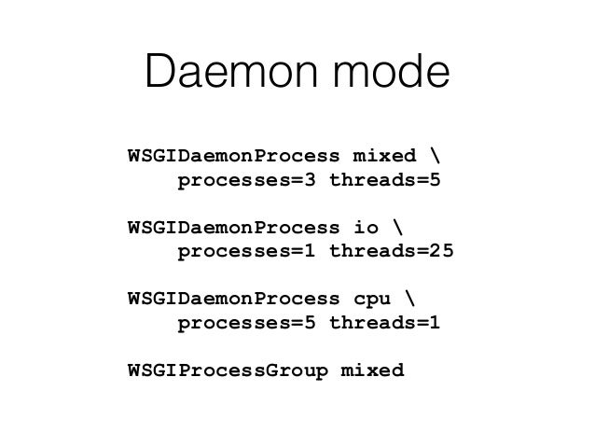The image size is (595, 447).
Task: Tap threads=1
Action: (383, 324)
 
